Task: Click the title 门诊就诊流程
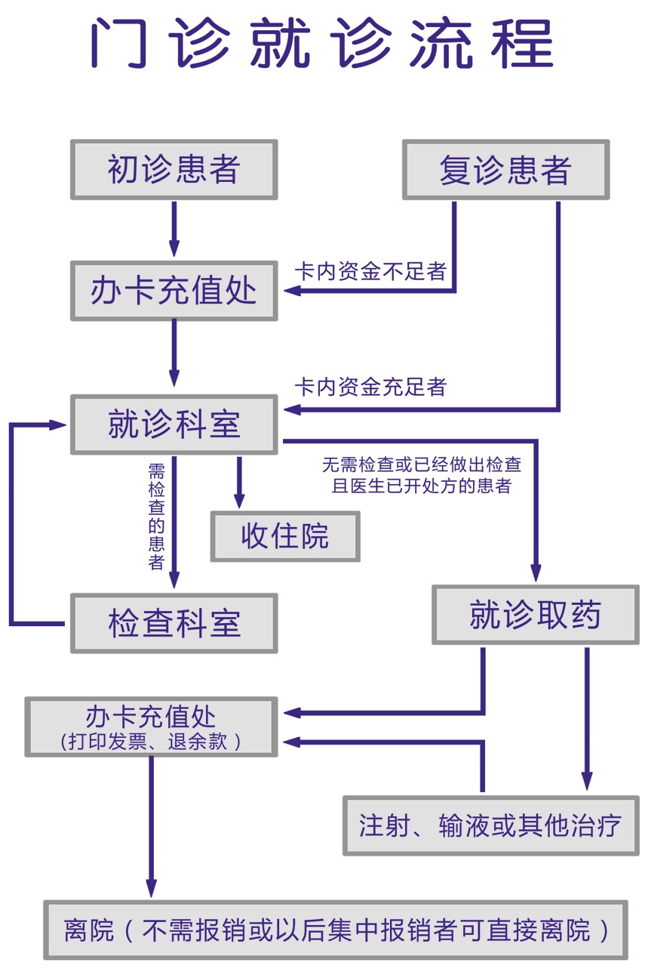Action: [322, 44]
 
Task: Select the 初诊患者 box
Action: [174, 170]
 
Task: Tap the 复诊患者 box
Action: [505, 170]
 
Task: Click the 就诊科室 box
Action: [174, 424]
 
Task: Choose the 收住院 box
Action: [285, 536]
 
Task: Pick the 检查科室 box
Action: [174, 623]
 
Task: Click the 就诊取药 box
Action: [535, 615]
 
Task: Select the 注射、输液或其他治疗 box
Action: [490, 825]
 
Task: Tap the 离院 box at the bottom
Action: [336, 930]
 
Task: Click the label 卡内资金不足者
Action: [370, 271]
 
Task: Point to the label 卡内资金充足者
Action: [370, 387]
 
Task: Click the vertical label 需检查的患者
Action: [156, 517]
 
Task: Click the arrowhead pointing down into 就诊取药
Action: [536, 573]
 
